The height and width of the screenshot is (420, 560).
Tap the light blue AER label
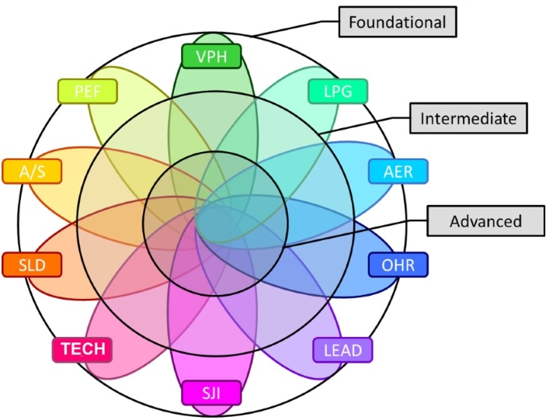(x=398, y=171)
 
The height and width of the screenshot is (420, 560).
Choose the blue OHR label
(x=398, y=266)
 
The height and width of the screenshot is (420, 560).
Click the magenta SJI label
(x=211, y=393)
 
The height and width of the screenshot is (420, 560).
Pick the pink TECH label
(x=83, y=349)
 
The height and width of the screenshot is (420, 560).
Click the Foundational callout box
(x=397, y=22)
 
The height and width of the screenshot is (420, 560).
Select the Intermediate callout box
(x=468, y=119)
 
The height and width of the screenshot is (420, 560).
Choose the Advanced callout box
(x=485, y=221)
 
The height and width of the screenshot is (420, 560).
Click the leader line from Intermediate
(x=365, y=126)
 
